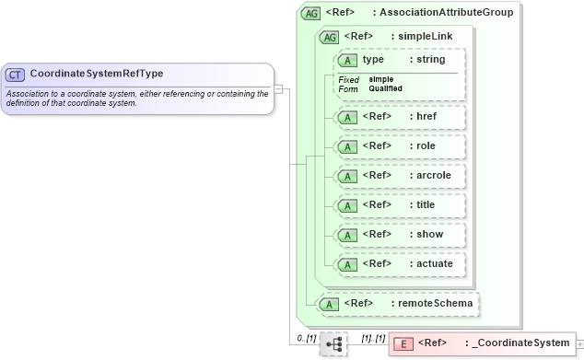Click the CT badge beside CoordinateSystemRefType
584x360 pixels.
15,74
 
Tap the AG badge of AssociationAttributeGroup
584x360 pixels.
311,13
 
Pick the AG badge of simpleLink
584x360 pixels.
328,37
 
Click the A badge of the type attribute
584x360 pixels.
348,60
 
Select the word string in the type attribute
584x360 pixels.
431,60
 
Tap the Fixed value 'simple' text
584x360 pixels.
380,79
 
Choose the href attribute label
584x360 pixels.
426,117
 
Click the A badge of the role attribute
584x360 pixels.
348,146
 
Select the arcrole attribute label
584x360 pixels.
434,176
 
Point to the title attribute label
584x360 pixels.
426,205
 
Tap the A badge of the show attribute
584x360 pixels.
348,235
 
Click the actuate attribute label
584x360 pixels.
435,264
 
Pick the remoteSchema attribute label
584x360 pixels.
436,303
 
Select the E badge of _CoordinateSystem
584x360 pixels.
403,344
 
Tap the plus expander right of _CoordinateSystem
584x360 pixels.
579,344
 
